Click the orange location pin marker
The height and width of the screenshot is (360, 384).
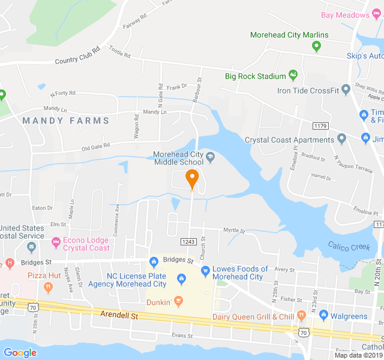pos(192,178)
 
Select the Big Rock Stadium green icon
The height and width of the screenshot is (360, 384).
pos(293,76)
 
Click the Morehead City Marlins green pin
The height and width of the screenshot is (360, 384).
pos(317,45)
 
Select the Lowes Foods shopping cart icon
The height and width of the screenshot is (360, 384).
pos(205,271)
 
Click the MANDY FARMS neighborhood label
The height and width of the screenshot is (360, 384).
pos(66,121)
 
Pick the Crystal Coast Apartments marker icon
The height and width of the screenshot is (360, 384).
pos(341,139)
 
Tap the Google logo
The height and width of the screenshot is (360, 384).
pos(20,353)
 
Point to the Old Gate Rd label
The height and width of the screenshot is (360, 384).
pos(96,146)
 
